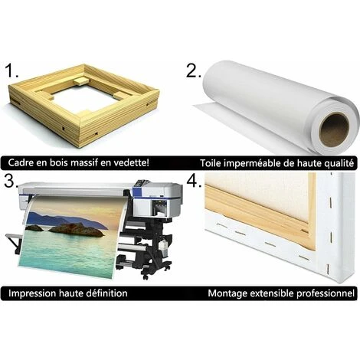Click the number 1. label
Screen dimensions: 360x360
(x=11, y=70)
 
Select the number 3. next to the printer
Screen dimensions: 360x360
(x=11, y=181)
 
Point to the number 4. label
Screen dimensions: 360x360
(x=194, y=181)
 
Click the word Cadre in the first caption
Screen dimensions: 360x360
(x=21, y=162)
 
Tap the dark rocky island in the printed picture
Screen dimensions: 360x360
(x=77, y=229)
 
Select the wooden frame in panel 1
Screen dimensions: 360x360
(x=83, y=105)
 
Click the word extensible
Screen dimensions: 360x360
(x=270, y=293)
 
